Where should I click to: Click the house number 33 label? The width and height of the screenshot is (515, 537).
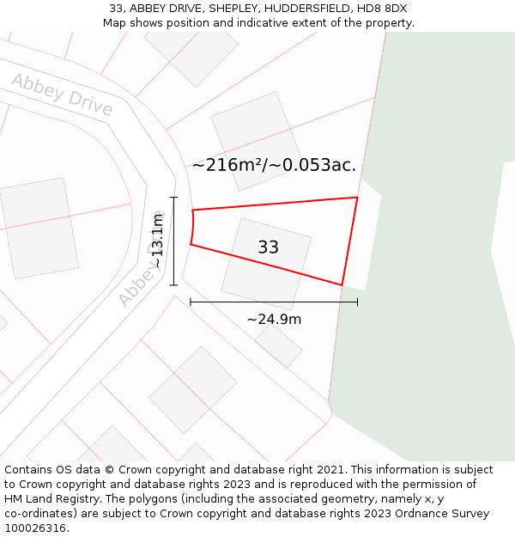click(x=268, y=247)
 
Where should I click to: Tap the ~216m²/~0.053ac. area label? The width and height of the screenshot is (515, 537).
click(x=274, y=165)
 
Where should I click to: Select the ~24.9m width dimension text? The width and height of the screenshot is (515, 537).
click(x=274, y=320)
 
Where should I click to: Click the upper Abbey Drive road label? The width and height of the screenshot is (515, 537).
click(x=62, y=95)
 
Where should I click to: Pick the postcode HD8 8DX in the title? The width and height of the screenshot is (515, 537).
click(x=384, y=9)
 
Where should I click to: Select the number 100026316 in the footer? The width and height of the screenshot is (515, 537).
click(x=35, y=528)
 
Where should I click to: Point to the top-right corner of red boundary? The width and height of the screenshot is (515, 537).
click(x=356, y=198)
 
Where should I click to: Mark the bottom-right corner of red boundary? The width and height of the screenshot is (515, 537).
click(x=342, y=284)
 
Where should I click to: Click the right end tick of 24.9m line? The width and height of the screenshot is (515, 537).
click(x=357, y=302)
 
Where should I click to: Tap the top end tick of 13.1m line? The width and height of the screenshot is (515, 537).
click(x=174, y=198)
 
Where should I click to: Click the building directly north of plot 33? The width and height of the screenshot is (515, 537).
click(x=256, y=140)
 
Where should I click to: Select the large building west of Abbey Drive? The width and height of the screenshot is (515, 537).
click(x=39, y=228)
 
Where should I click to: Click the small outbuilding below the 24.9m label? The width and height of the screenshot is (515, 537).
click(x=278, y=345)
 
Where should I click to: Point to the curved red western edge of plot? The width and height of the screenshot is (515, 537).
click(x=192, y=228)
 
